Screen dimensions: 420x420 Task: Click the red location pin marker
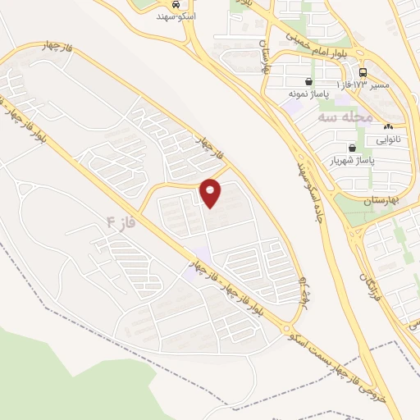(x=211, y=192)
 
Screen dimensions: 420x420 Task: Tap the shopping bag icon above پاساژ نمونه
(x=308, y=82)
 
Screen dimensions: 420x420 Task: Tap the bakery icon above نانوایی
(x=388, y=127)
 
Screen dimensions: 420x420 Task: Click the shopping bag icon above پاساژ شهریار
(x=352, y=148)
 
